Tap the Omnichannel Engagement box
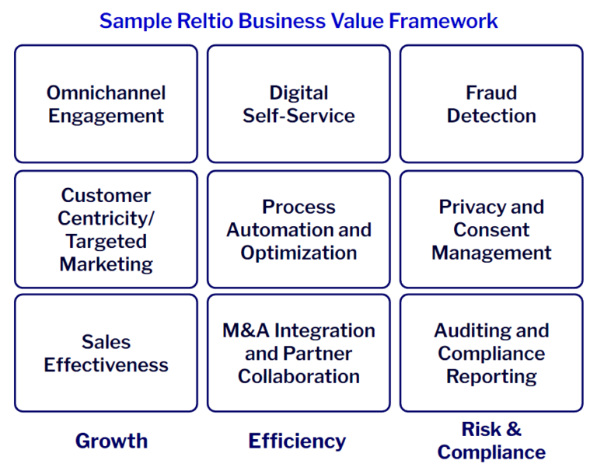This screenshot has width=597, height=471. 106,104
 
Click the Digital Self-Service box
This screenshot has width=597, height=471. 298,104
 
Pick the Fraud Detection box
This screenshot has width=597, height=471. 491,104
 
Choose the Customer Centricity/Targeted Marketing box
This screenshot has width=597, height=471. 106,229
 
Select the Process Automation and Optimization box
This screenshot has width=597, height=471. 298,229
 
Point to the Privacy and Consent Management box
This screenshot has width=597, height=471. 491,229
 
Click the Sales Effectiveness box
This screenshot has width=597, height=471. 106,353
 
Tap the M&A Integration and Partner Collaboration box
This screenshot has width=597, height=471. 298,353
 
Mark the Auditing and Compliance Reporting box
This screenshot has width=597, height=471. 491,353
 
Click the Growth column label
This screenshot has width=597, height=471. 111,441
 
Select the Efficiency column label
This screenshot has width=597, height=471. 297,441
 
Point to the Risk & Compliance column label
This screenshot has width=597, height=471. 491,440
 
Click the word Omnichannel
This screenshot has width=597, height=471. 106,92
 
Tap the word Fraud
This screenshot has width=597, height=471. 491,92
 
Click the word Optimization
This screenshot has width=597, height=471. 298,253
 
